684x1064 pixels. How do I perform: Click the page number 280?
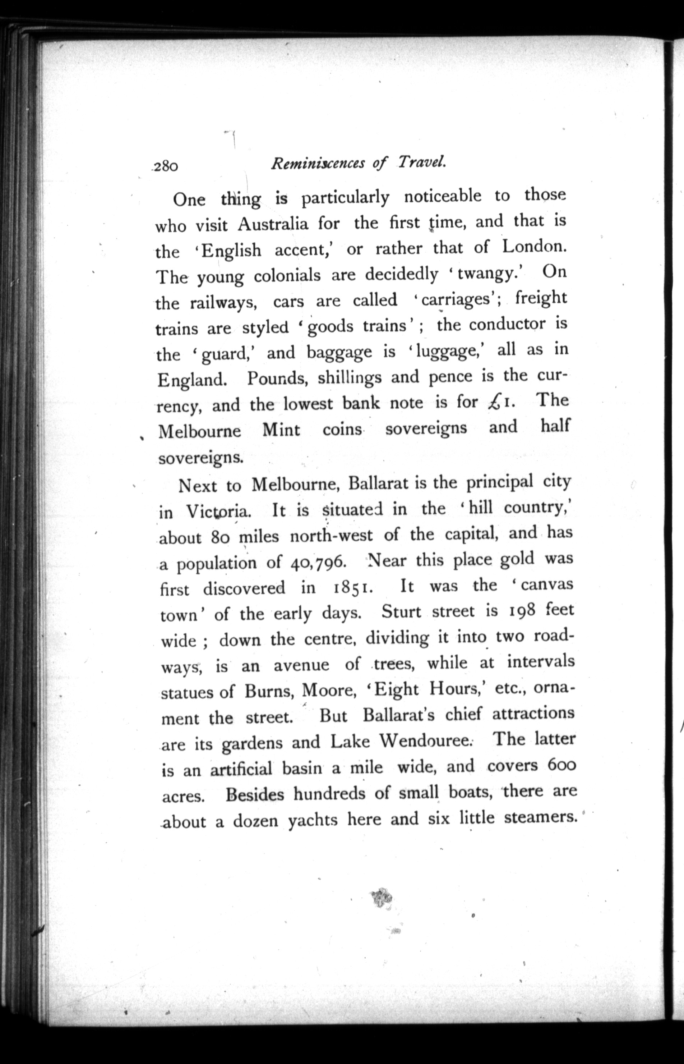tap(166, 166)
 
